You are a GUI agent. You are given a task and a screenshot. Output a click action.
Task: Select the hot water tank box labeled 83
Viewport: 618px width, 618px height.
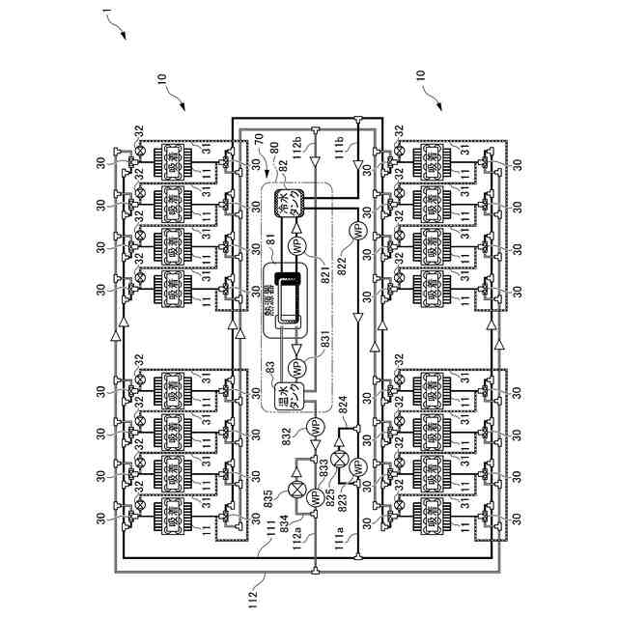click(x=290, y=396)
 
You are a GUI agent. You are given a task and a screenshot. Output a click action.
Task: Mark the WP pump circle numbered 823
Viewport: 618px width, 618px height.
click(x=354, y=465)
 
